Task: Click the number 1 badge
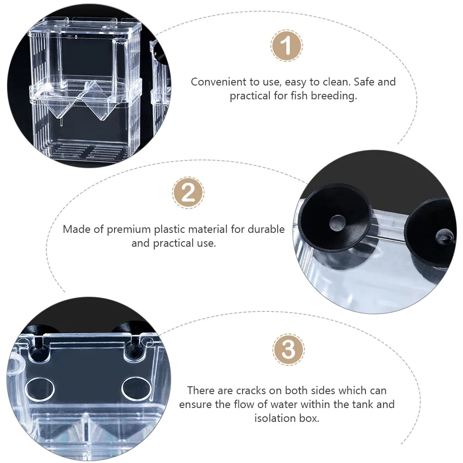point(286,46)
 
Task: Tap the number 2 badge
point(188,193)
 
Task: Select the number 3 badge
point(288,349)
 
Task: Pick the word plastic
point(179,229)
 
